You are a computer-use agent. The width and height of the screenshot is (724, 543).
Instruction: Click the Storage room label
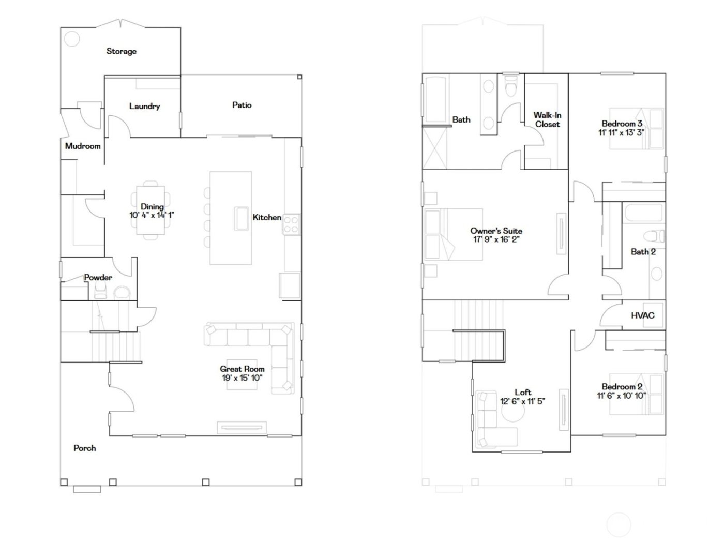tap(121, 51)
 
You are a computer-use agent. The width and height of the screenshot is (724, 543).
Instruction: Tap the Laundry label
tap(144, 106)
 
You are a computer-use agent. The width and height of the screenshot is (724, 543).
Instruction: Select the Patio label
tap(242, 105)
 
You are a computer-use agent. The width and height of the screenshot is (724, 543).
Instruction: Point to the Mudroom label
tap(83, 146)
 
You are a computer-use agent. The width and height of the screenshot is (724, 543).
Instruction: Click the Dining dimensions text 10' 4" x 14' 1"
tap(152, 215)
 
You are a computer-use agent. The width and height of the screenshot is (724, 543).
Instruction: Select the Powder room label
tap(98, 277)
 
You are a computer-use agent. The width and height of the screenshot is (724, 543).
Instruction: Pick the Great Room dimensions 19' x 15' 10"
tap(242, 378)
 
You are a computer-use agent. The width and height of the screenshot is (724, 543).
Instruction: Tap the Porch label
tap(84, 448)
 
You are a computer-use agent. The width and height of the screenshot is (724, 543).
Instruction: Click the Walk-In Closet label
tap(547, 119)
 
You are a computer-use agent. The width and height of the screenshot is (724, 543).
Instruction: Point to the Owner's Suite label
tap(496, 231)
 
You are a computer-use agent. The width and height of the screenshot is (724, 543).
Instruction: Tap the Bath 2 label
tap(643, 252)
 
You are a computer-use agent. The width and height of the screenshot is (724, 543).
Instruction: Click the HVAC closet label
tap(642, 315)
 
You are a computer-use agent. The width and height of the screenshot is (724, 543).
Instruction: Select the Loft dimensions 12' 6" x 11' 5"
tap(522, 401)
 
